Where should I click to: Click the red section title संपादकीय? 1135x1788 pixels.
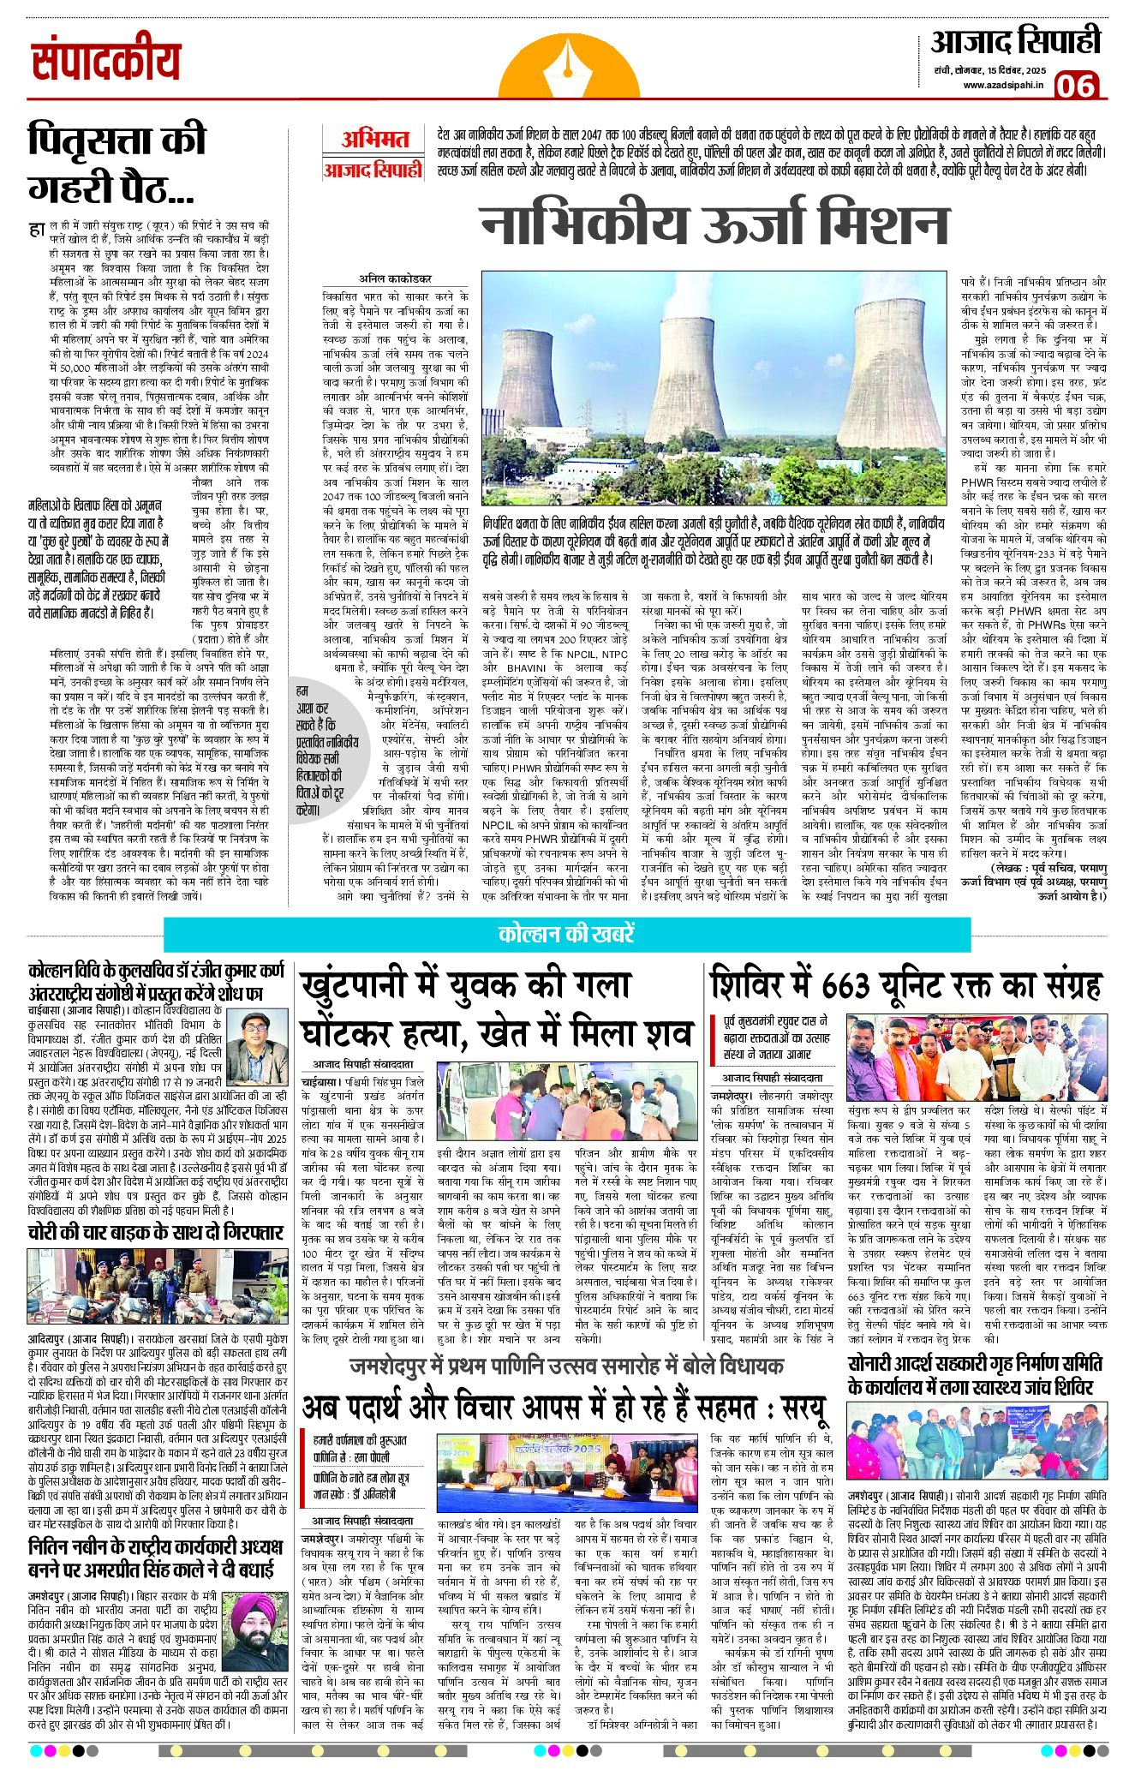(x=106, y=61)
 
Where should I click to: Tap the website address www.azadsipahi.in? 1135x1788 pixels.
(x=1002, y=84)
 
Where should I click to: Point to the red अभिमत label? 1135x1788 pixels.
(x=374, y=140)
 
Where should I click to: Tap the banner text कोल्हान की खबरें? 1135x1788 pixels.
(x=566, y=934)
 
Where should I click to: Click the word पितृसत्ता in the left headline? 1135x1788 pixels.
(x=117, y=141)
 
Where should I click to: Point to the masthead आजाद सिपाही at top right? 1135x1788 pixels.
(x=1015, y=41)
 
